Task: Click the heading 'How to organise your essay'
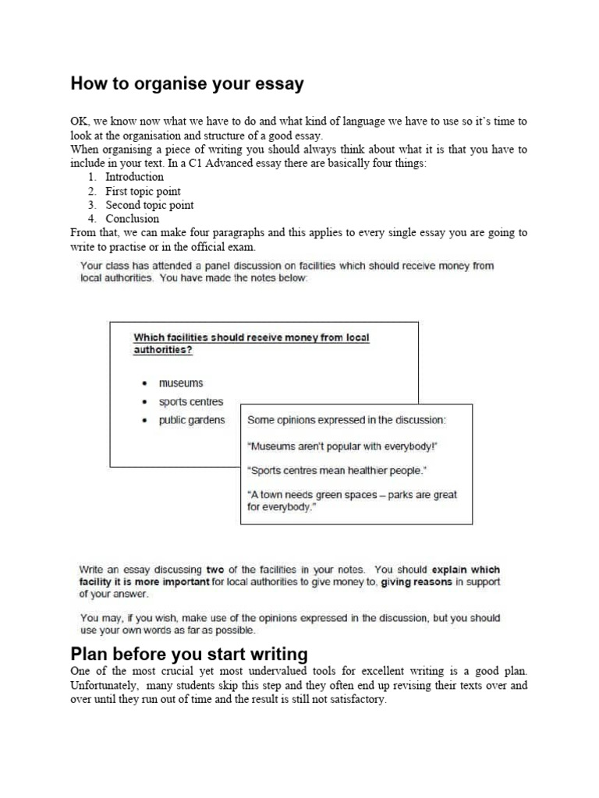click(x=187, y=84)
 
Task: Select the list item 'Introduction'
click(x=134, y=177)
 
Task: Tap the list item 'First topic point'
click(x=143, y=191)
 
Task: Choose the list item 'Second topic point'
click(x=150, y=205)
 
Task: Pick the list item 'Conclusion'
click(x=132, y=219)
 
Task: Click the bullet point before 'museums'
click(x=144, y=384)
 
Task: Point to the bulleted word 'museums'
click(x=181, y=383)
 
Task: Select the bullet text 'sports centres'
click(x=191, y=402)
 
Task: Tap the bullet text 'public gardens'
click(x=192, y=420)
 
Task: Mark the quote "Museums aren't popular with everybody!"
click(x=342, y=447)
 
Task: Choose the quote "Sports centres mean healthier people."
click(x=337, y=471)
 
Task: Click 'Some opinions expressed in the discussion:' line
click(x=346, y=420)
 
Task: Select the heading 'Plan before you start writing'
click(x=190, y=653)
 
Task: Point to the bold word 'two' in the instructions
click(x=216, y=570)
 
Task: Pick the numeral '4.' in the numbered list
click(x=92, y=219)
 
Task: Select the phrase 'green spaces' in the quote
click(x=345, y=495)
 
